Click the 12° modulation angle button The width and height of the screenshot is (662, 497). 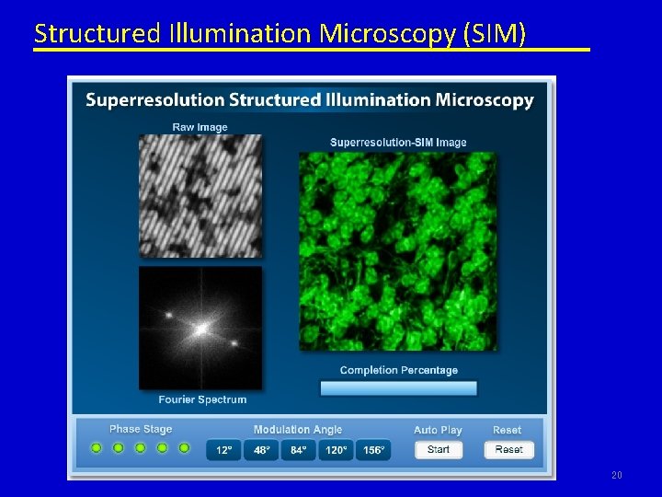coord(223,450)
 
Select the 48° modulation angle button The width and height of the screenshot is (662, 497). coord(261,450)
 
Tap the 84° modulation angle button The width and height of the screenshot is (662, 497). coord(298,450)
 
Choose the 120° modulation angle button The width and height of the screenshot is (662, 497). coord(336,450)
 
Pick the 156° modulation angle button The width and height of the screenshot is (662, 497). coord(373,450)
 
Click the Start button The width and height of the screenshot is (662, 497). coord(439,449)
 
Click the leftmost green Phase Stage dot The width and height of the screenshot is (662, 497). coord(96,448)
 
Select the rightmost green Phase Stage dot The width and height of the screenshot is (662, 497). coord(184,448)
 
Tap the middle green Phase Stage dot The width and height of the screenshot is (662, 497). coord(140,448)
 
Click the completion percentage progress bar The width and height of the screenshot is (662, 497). coord(398,388)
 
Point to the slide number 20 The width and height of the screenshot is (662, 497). coord(616,475)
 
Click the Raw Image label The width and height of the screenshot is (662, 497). coord(200,127)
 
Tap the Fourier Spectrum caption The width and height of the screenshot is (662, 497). coord(202,399)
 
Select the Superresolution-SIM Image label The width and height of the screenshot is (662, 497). coord(398,142)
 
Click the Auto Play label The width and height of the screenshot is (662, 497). coord(438,430)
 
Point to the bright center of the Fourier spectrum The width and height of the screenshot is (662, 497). coord(200,327)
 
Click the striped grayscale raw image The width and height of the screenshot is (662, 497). coord(200,195)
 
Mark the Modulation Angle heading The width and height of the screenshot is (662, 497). coord(298,430)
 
